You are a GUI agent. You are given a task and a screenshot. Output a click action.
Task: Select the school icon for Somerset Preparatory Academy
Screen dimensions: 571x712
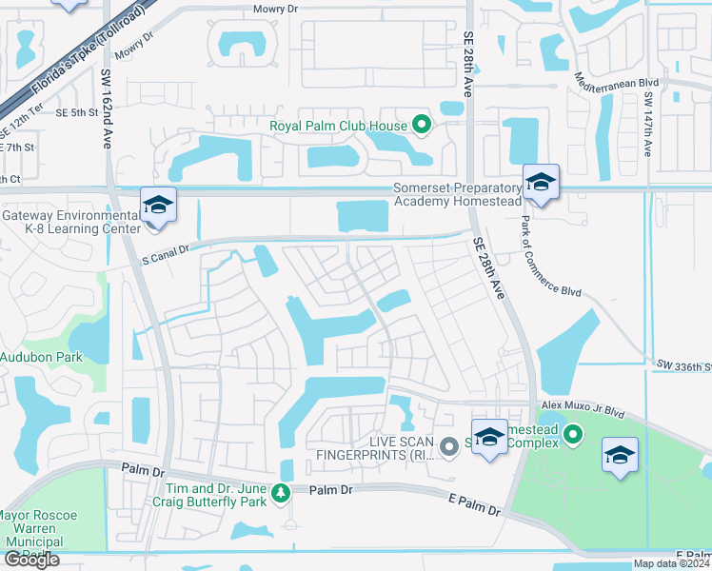tap(541, 181)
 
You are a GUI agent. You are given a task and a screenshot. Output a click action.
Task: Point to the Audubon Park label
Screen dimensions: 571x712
tap(41, 358)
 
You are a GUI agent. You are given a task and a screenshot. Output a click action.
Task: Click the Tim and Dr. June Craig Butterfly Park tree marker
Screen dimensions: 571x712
tap(281, 492)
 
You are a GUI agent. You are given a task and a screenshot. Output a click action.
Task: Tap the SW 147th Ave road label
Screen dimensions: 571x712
tap(647, 124)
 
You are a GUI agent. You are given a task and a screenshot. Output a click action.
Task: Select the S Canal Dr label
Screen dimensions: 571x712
tap(167, 254)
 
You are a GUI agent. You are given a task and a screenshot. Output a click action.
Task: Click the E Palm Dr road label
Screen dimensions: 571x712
tap(473, 504)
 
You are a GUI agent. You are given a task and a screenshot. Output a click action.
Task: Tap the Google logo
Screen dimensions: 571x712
tap(31, 560)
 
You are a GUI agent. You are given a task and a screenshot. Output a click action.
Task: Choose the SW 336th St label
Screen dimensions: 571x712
tap(684, 364)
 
